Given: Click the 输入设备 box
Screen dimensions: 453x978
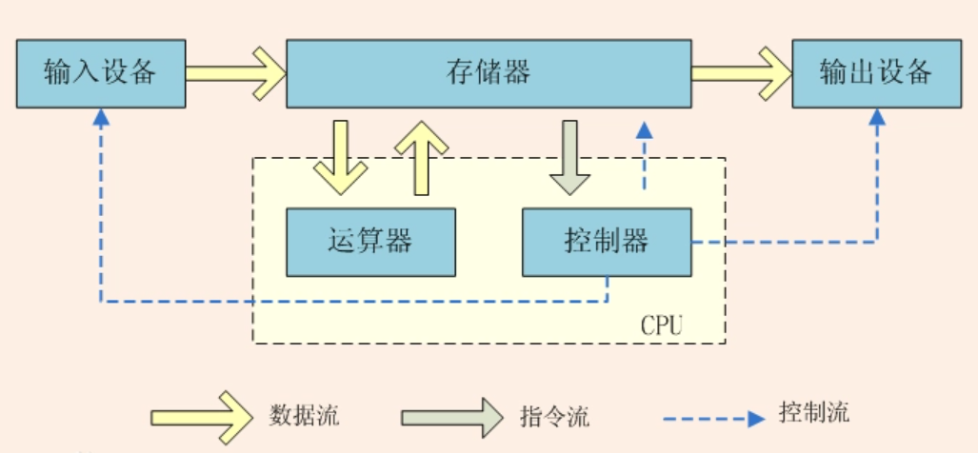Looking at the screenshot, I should click(x=100, y=73).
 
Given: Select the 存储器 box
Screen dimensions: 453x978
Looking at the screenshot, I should click(x=488, y=73).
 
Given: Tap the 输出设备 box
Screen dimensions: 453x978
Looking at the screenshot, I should click(x=876, y=73).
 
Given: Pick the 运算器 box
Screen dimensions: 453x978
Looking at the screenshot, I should click(x=370, y=242).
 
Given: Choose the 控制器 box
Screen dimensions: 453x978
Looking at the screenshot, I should click(x=606, y=242).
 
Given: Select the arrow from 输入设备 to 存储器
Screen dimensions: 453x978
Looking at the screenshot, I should click(x=235, y=73).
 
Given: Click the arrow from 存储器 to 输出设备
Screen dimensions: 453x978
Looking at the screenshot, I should click(x=741, y=73).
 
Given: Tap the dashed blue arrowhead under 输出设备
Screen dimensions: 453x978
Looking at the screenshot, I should click(x=876, y=116).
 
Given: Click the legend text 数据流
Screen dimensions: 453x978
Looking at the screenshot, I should click(x=305, y=416).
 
